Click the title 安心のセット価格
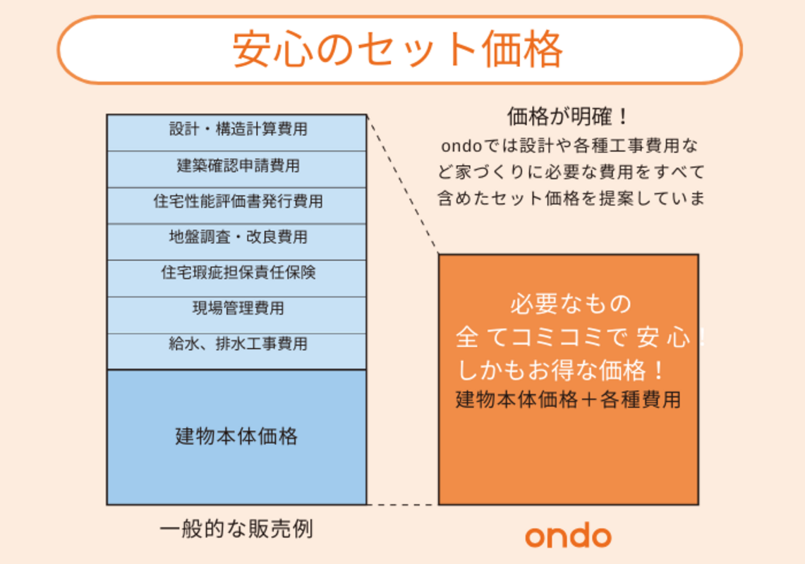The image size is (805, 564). [399, 49]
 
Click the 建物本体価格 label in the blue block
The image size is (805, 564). [236, 436]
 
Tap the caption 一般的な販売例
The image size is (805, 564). [236, 529]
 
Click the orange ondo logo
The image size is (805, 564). [568, 536]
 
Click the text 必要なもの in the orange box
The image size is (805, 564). [570, 305]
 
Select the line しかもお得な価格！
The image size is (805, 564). [561, 369]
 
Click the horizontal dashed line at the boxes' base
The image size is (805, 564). [402, 505]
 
